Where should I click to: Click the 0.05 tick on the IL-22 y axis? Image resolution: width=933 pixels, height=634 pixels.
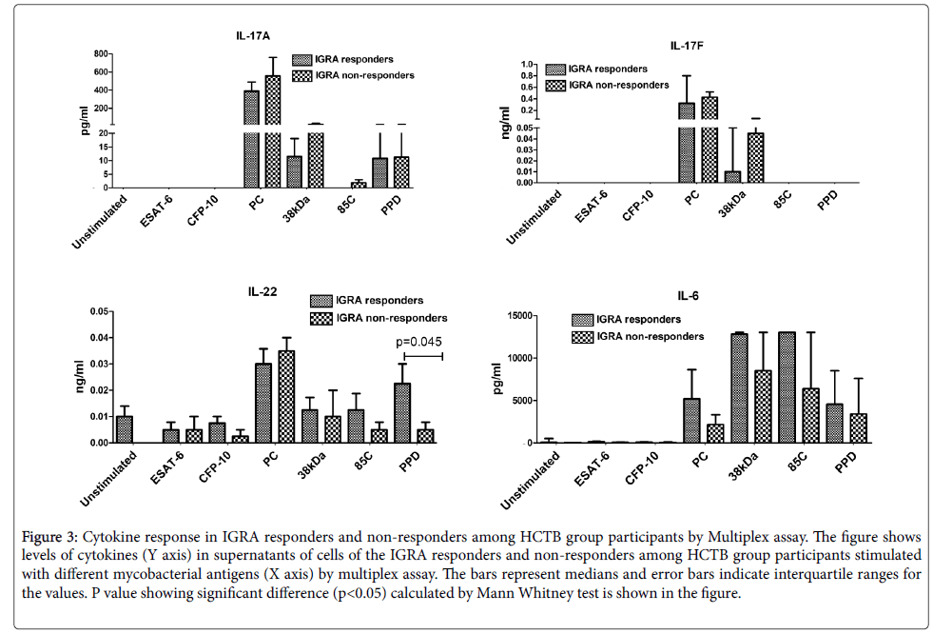coord(98,311)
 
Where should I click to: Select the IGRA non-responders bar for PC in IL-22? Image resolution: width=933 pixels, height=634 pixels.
coord(285,396)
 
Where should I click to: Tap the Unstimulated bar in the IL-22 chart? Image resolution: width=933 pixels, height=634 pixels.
coord(125,429)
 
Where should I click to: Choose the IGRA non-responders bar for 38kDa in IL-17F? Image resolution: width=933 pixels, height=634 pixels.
coord(755,157)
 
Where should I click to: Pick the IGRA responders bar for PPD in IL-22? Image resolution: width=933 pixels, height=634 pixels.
coord(403,412)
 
